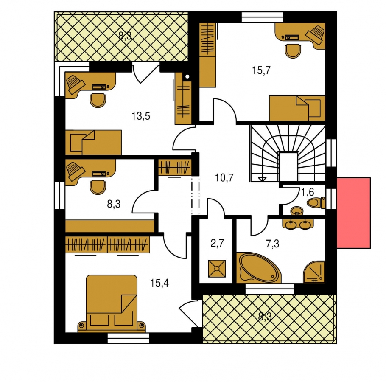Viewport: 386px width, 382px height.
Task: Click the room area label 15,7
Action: tap(261, 70)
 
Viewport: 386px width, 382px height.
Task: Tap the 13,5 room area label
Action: tap(141, 116)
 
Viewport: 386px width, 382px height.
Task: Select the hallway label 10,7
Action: tap(224, 177)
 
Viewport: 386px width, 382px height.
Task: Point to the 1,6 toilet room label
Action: tap(308, 192)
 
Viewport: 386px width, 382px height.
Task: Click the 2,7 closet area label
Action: tap(217, 243)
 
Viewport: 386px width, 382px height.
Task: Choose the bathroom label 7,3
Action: tap(272, 244)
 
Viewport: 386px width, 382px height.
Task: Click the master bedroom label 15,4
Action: tap(159, 283)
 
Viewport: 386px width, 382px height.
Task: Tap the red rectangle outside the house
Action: tap(353, 213)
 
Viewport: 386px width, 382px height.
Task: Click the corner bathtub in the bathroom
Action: tap(258, 267)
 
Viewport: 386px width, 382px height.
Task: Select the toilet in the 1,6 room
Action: tap(316, 203)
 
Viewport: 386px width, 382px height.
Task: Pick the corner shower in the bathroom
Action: tap(314, 272)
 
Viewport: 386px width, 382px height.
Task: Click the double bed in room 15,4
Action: tap(112, 303)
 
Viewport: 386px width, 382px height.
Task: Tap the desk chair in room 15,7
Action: tap(293, 51)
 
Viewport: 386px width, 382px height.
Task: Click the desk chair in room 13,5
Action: tap(98, 100)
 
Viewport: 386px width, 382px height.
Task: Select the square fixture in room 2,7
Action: tap(217, 268)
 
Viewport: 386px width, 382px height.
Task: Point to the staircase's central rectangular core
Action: tap(288, 166)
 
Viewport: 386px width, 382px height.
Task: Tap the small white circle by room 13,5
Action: tap(187, 76)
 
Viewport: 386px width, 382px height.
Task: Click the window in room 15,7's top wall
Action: tap(263, 17)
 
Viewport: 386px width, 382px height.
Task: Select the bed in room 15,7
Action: tap(297, 108)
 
